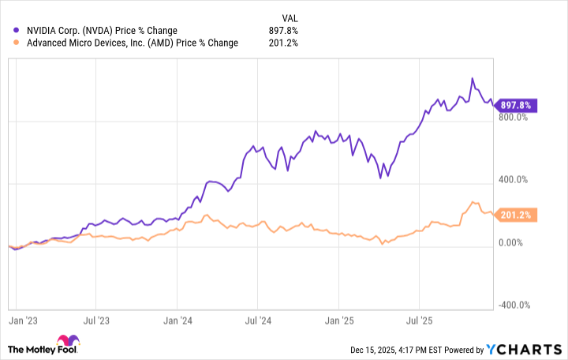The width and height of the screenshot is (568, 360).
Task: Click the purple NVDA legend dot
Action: tap(17, 31)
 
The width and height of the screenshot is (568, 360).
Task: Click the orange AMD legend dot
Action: tap(17, 43)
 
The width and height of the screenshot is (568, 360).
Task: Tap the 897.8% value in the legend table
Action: tap(282, 31)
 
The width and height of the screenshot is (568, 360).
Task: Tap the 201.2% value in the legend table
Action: tap(282, 43)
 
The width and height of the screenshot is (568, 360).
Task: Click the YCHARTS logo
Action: tap(525, 349)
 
